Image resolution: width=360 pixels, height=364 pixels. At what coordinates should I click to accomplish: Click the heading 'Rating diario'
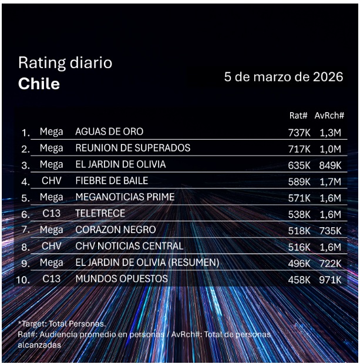tap(65, 63)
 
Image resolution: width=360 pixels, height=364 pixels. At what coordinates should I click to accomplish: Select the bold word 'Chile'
tap(39, 83)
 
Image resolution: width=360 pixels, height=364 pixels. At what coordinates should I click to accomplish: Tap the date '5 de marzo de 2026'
tap(284, 77)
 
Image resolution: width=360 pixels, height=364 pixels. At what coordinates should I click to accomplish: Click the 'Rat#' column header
tap(299, 116)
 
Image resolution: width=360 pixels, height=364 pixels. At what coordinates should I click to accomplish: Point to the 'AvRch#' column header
tap(329, 116)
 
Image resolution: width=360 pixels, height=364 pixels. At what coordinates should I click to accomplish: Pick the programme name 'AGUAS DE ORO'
tap(109, 132)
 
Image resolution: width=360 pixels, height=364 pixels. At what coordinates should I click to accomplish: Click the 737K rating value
tap(299, 133)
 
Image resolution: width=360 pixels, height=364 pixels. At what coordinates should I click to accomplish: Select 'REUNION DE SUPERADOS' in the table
tap(133, 148)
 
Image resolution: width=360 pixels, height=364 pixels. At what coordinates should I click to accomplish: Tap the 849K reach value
tap(330, 166)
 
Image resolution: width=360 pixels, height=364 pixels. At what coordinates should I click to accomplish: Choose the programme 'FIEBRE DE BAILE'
tap(112, 181)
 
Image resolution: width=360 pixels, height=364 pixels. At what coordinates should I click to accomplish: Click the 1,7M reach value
tap(331, 181)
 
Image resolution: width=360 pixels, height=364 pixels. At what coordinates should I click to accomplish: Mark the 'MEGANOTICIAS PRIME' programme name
tap(125, 197)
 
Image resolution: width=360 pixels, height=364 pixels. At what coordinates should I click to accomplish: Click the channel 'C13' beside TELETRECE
tap(52, 214)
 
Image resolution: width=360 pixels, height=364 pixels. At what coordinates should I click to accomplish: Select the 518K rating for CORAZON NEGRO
tap(299, 231)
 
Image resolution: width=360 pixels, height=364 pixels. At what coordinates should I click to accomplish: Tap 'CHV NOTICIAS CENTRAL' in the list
tap(129, 246)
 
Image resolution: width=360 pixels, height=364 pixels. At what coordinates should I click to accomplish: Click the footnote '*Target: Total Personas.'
tap(62, 324)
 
